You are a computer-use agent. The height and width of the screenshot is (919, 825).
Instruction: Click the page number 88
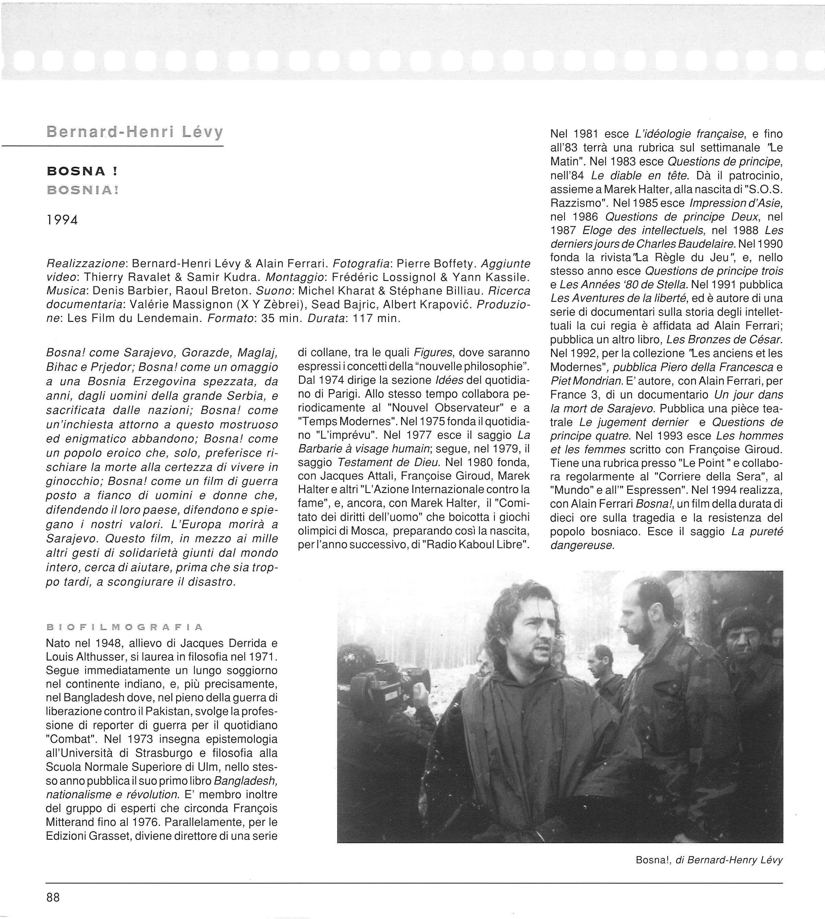[53, 897]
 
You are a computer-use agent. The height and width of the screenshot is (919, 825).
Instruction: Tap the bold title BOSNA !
[82, 171]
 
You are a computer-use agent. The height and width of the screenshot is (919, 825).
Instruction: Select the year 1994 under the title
[62, 220]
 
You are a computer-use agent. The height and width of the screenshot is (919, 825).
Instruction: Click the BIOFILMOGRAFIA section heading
[125, 628]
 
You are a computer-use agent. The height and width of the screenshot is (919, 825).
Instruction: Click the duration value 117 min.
[376, 318]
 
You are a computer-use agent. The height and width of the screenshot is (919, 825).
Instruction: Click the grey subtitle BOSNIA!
[82, 190]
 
